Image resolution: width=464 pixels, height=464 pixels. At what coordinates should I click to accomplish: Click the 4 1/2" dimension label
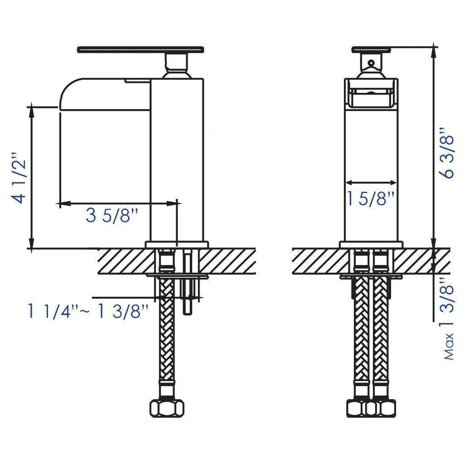coord(18,178)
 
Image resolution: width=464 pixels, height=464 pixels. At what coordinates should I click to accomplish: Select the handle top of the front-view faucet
coord(371,49)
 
